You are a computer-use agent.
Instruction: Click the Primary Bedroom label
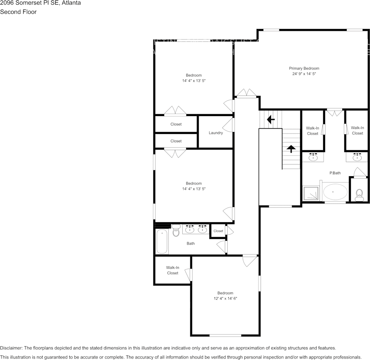[304, 68]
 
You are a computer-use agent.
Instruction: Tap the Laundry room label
[216, 133]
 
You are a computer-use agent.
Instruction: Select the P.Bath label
[335, 173]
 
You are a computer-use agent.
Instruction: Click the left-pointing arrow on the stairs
[271, 119]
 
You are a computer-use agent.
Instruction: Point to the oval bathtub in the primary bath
[335, 192]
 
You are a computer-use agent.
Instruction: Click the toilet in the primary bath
[359, 195]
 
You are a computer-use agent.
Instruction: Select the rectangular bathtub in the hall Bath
[162, 241]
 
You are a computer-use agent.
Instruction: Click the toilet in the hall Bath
[176, 231]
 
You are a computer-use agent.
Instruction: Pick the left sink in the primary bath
[313, 157]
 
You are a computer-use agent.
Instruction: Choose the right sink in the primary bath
[357, 157]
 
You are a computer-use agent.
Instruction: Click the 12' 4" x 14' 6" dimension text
[225, 299]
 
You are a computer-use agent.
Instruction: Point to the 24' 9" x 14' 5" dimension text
[304, 74]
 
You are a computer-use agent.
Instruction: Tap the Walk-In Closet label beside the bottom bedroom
[172, 270]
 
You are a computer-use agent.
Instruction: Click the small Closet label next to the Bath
[218, 231]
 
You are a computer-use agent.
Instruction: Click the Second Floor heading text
[18, 12]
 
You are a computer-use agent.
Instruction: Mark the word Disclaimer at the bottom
[11, 348]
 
